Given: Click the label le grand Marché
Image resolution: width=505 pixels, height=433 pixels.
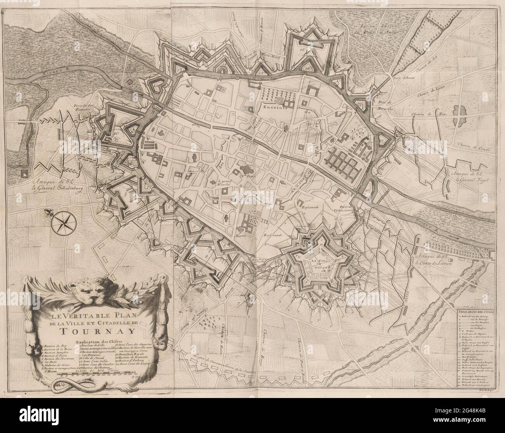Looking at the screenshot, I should click(227, 183).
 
